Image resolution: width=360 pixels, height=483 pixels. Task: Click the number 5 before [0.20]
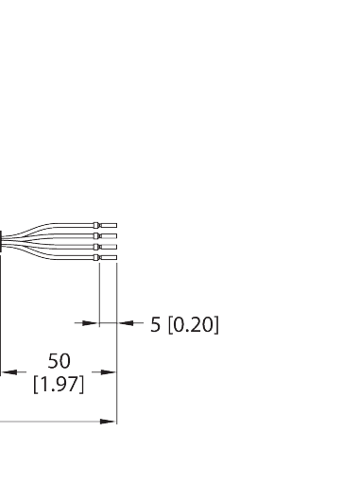(x=155, y=324)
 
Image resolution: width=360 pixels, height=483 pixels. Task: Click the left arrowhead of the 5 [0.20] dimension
(x=93, y=323)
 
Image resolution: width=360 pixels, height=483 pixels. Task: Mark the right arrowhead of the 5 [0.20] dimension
(x=122, y=323)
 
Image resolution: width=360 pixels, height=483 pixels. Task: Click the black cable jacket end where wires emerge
(x=2, y=240)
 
